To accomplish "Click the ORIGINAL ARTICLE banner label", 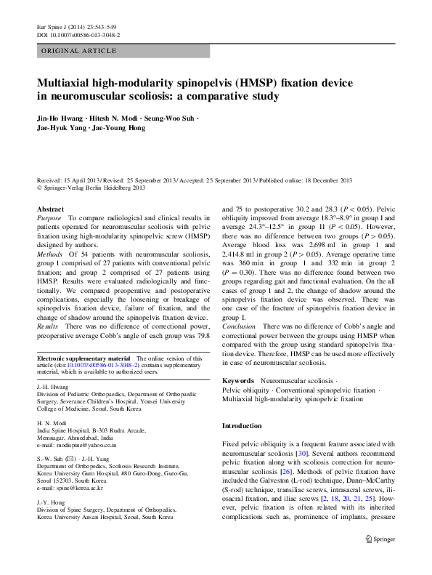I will coord(79,51).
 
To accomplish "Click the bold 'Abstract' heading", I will coord(50,209).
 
